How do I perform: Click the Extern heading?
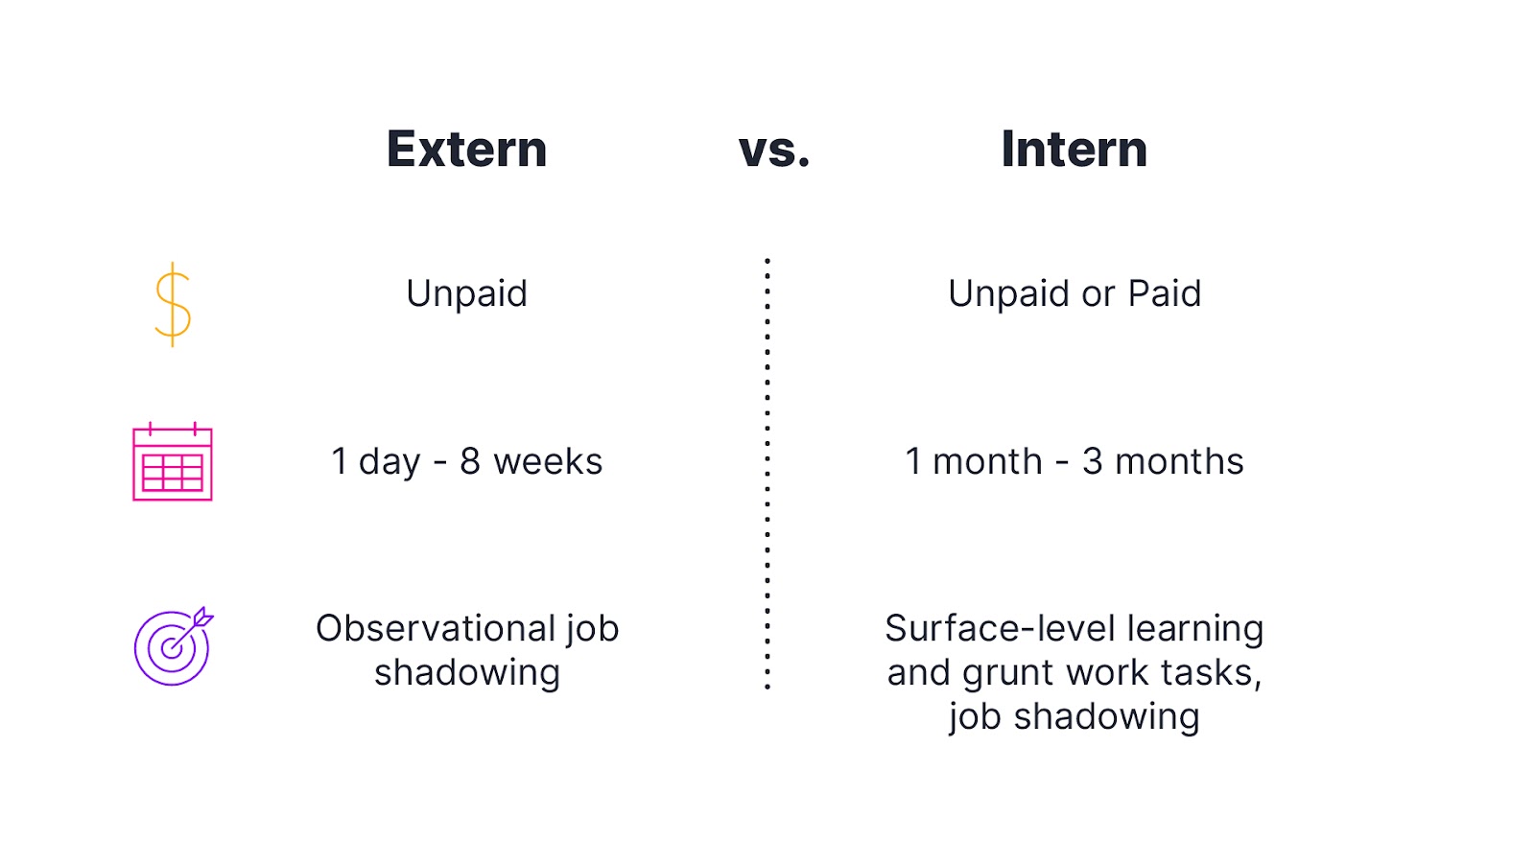click(466, 150)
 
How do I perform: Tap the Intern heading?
click(1074, 150)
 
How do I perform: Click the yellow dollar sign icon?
click(173, 304)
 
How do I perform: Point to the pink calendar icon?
click(173, 462)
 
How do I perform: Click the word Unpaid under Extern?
click(466, 294)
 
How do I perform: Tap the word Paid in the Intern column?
click(1165, 293)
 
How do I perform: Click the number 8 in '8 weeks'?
click(470, 462)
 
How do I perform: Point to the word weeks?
click(548, 462)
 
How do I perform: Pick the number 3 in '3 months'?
click(1093, 462)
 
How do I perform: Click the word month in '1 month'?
click(987, 462)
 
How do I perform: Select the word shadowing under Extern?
click(467, 673)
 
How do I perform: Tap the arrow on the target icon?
click(198, 621)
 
